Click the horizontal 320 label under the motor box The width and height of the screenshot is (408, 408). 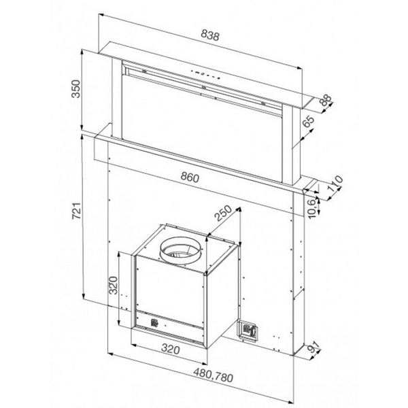(x=170, y=351)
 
